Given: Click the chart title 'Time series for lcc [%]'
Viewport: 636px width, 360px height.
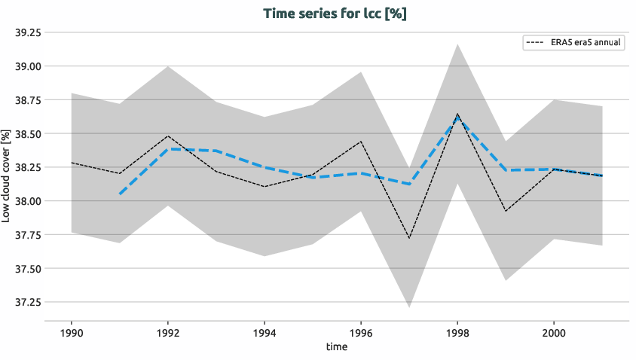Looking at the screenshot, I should point(335,14).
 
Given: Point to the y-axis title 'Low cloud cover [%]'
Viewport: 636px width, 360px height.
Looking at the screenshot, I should point(7,175).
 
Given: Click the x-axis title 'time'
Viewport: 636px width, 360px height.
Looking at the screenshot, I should point(337,347).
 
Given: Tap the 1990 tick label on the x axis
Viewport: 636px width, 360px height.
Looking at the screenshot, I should point(71,332).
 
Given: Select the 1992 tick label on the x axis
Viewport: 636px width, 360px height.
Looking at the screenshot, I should point(167,332).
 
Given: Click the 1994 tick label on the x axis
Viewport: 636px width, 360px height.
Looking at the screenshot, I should point(264,332).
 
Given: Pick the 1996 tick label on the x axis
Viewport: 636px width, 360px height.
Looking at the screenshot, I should point(361,332).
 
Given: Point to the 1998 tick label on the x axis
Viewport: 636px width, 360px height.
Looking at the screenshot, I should point(457,332).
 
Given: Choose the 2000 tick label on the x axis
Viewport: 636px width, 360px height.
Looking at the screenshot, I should point(554,332).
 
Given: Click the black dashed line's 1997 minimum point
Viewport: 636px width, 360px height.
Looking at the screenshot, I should point(409,238).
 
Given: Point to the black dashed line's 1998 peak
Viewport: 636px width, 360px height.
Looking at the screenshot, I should point(457,114).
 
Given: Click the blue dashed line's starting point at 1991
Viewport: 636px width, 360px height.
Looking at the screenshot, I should point(119,194).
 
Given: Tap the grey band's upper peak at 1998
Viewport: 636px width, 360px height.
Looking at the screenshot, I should point(457,44).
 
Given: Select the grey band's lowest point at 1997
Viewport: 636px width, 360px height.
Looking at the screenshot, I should point(409,307).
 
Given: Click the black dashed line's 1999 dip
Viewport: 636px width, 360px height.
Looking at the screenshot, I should point(506,211).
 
